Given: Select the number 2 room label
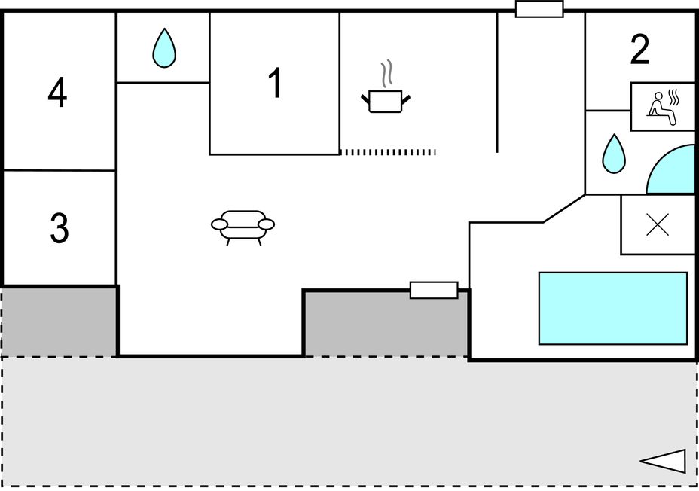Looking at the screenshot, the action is click(639, 50).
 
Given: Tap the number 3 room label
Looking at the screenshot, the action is click(60, 227).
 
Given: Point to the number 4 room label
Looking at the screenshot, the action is click(57, 92).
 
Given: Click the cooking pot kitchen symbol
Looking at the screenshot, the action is click(386, 101).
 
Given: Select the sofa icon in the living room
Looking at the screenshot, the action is click(243, 227).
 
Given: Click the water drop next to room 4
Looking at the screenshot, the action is click(164, 48).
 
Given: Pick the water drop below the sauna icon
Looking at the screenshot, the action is click(614, 154).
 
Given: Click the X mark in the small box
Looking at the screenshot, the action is click(658, 224).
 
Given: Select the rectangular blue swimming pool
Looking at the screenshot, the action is click(613, 308).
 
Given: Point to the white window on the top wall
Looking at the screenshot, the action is click(539, 9).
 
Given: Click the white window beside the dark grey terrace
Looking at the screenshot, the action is click(434, 290).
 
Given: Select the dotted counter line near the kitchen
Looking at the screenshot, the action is click(388, 152).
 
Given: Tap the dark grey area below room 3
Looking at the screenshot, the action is click(59, 322).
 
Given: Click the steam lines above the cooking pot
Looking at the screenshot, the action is click(386, 74).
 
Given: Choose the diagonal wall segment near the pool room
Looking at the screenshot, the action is click(564, 208).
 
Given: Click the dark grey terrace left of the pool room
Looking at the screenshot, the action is click(386, 325).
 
